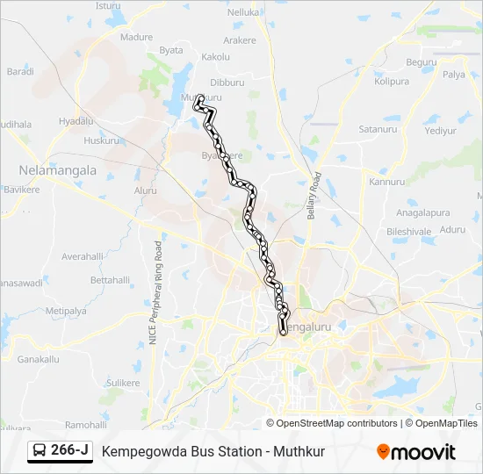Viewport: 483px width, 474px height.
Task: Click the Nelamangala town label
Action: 58,170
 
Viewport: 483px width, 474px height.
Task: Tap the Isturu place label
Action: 108,6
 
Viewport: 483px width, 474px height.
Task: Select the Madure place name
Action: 136,38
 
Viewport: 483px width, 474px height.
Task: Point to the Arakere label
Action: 240,40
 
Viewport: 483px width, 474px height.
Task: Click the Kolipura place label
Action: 392,82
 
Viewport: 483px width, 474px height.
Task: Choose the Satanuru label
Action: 378,129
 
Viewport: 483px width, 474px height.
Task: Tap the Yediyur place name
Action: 440,131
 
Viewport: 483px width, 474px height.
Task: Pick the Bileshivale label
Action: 409,231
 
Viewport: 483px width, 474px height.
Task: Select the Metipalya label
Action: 66,311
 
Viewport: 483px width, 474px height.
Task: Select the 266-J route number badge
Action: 60,451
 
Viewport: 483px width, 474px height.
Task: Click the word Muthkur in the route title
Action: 299,452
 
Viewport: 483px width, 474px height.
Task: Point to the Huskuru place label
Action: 101,140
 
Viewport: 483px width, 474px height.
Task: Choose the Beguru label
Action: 422,63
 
